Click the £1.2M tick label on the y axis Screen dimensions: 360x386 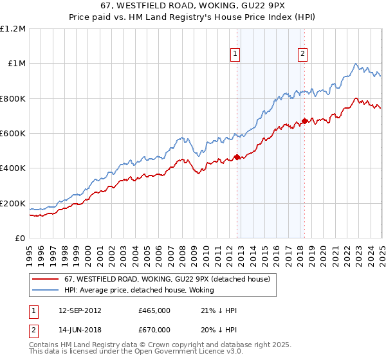(x=14, y=28)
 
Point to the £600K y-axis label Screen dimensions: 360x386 (x=13, y=134)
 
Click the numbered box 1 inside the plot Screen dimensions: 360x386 (x=236, y=55)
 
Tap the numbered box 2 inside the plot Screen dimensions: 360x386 (x=302, y=55)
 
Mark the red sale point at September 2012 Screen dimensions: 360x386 (x=237, y=157)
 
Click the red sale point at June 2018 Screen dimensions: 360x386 (x=304, y=121)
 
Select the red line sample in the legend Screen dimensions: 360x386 (x=46, y=279)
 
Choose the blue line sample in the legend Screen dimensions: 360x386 (x=46, y=289)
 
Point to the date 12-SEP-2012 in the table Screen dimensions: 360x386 (x=79, y=310)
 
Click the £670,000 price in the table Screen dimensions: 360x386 (x=154, y=330)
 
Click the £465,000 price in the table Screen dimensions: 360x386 (x=154, y=310)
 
